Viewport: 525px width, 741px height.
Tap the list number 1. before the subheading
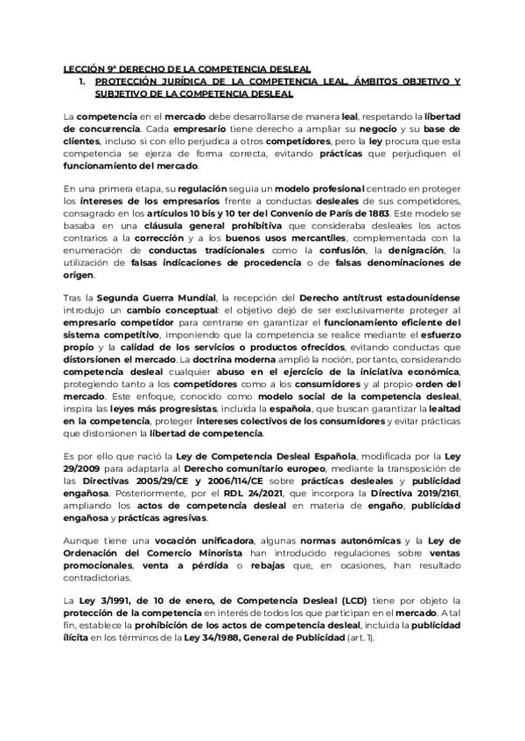tap(82, 81)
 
